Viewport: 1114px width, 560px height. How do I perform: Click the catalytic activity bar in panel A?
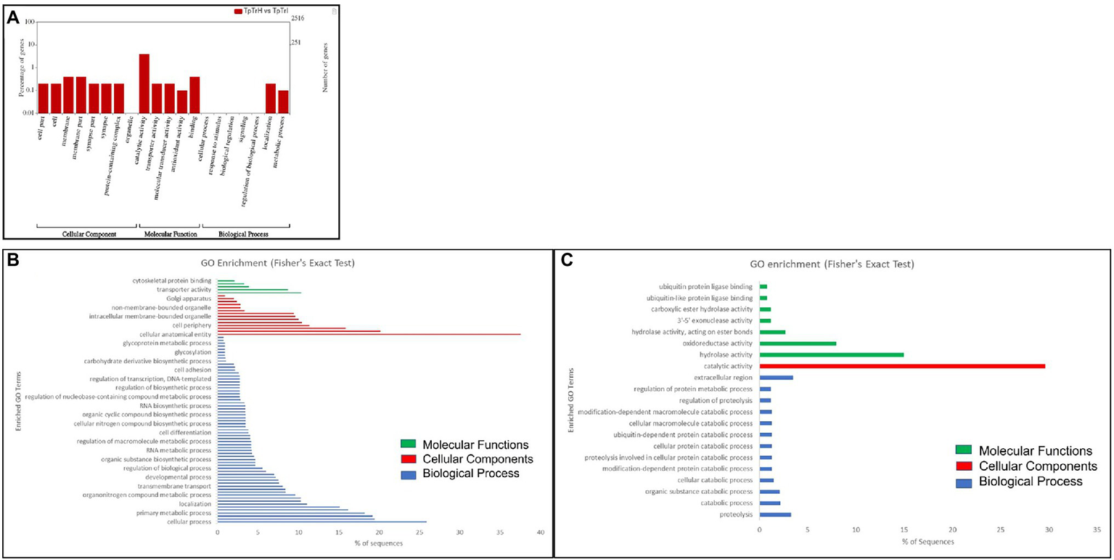144,83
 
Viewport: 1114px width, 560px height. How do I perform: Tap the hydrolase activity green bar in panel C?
831,354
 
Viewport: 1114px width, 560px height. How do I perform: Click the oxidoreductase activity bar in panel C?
798,343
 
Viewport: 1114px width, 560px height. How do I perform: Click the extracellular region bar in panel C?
776,378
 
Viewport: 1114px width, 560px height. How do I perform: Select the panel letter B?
12,260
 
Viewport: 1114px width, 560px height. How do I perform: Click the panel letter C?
566,260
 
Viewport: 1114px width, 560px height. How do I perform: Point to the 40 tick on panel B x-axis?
540,532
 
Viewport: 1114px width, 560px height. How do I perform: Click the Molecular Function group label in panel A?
168,234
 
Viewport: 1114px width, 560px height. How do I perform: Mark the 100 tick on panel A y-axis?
30,22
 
